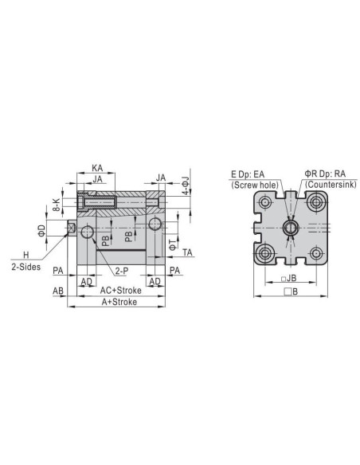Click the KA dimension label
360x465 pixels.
coord(97,168)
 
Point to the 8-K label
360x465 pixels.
coord(57,205)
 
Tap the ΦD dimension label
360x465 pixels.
coord(41,230)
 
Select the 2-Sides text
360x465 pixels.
coord(26,267)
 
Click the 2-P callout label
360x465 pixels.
coord(122,271)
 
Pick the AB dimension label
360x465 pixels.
coord(58,291)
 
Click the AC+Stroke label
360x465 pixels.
coord(121,291)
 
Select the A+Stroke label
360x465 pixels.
coord(119,302)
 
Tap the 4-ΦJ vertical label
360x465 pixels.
coord(186,186)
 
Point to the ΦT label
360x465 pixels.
coord(173,244)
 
